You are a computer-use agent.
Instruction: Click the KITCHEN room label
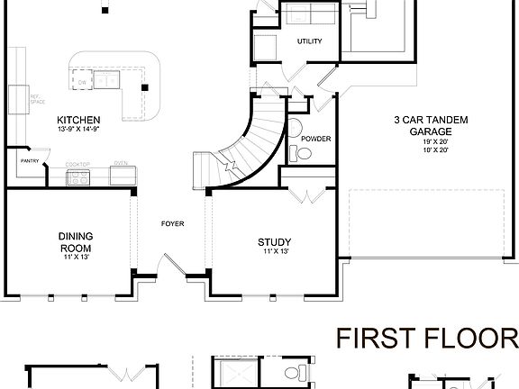pos(78,121)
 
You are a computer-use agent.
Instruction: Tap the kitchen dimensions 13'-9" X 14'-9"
pos(78,129)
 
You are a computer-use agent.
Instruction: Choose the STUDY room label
pos(273,241)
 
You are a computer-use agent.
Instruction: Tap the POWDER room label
pos(315,139)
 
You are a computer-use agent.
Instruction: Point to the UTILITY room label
pos(310,41)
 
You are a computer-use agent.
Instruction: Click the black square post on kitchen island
pos(143,86)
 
